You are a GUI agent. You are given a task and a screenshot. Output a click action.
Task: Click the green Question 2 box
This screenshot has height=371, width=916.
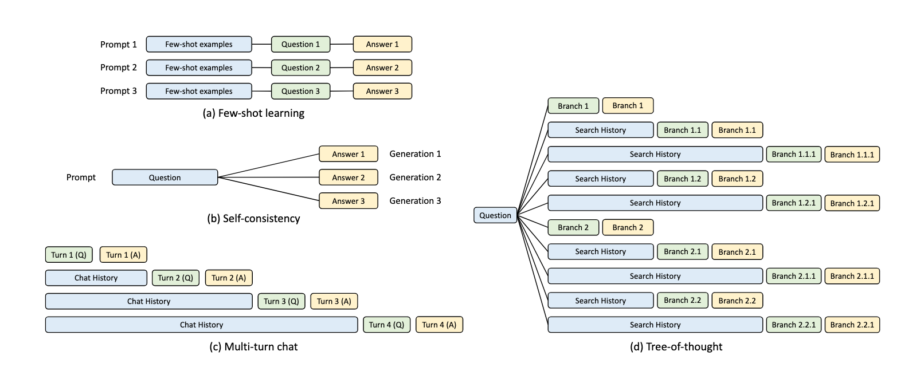click(300, 68)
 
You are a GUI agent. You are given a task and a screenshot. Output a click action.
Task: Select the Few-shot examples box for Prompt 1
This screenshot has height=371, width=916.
click(199, 44)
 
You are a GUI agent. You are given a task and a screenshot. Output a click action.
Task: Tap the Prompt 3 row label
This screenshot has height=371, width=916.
click(119, 90)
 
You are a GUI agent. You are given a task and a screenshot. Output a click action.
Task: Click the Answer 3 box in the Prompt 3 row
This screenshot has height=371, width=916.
click(382, 91)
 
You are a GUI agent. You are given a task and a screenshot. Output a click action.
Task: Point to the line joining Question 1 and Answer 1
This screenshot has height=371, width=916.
click(342, 44)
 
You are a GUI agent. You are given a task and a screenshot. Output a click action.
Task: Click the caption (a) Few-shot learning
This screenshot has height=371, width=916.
click(253, 113)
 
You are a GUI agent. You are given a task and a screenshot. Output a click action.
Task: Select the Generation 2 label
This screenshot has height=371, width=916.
click(415, 177)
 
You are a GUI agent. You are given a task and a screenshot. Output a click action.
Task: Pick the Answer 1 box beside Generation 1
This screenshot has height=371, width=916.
click(349, 154)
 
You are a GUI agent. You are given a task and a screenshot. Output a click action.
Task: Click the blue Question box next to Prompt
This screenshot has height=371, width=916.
click(165, 177)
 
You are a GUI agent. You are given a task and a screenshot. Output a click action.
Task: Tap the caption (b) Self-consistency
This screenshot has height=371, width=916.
click(253, 219)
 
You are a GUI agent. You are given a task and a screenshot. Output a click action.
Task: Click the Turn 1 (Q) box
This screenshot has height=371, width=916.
click(69, 255)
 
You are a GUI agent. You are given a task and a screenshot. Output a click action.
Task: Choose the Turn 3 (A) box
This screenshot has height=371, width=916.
click(334, 301)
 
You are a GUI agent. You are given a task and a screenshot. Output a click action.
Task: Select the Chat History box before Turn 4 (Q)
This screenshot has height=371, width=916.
click(202, 325)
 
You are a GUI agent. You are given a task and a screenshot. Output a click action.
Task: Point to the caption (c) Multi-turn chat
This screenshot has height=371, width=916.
click(253, 347)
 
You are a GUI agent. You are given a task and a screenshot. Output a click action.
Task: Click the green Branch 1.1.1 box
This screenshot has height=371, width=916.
click(794, 155)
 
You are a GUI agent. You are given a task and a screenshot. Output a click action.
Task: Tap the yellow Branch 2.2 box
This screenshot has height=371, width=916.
click(737, 301)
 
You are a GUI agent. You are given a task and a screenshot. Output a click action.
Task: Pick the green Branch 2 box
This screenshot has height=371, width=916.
click(573, 228)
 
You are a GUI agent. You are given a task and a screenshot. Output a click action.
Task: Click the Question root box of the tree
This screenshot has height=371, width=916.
click(495, 215)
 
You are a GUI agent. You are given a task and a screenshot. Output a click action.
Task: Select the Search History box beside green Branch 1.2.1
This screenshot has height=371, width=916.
click(655, 203)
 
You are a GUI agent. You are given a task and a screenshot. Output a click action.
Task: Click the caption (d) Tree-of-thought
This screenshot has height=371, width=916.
click(676, 347)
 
